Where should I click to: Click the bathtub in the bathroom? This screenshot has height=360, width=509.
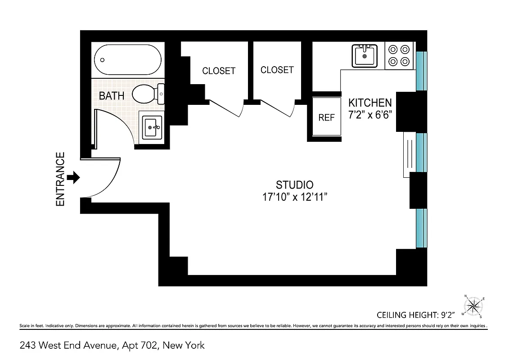128,60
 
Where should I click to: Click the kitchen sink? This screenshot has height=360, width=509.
365,56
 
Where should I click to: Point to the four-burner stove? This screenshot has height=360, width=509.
399,55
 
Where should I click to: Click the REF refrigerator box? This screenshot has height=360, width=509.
327,117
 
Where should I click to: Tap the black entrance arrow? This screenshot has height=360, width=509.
73,177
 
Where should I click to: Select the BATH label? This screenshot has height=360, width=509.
112,96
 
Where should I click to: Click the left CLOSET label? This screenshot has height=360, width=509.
219,71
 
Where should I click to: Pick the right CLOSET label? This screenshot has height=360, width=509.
277,70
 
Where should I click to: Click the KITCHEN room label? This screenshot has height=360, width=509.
370,103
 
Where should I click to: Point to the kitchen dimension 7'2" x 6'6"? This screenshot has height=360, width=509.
371,114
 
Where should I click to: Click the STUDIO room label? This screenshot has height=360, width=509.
294,184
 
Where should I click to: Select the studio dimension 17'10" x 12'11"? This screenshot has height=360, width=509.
294,197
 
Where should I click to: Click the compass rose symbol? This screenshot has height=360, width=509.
473,307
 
